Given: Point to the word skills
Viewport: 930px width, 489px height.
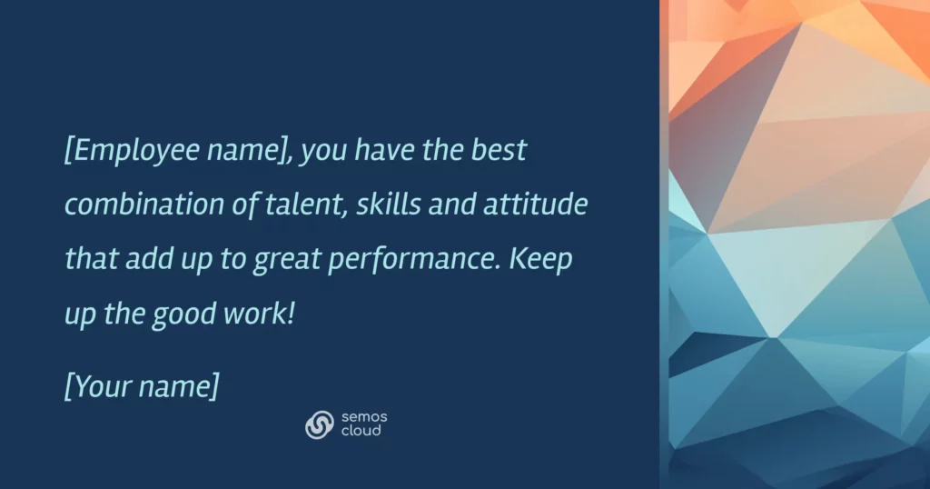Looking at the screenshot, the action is point(389,204).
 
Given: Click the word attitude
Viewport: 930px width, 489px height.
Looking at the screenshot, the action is point(536,204).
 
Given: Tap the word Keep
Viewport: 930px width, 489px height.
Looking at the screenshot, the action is point(540,259).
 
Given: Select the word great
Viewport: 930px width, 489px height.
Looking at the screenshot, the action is point(287,260).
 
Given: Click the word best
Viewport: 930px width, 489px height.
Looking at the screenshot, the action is point(499,150).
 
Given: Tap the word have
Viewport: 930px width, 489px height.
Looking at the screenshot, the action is point(384,150).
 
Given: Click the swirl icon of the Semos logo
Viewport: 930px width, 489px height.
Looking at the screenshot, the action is point(320,424).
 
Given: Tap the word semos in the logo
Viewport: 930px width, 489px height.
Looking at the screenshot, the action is point(364,417).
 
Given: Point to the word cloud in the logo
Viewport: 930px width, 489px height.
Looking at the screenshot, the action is point(361,431).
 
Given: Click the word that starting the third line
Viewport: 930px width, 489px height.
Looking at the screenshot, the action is point(91,259).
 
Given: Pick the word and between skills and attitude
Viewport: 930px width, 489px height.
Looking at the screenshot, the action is point(452,204).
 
